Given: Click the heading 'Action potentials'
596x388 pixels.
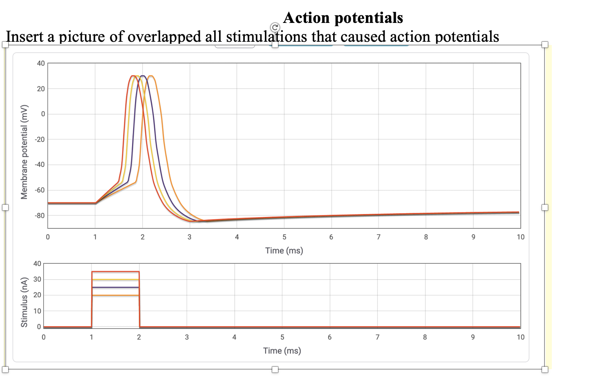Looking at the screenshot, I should [x=343, y=18].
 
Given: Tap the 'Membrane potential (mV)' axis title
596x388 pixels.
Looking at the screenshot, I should [x=25, y=152].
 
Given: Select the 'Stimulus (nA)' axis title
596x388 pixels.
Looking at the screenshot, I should [x=25, y=302].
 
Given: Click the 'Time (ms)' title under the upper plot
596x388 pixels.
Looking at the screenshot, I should [x=284, y=250].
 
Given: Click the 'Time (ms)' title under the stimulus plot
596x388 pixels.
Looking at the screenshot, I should [x=282, y=351].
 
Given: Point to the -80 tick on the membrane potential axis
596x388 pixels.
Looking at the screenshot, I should [x=40, y=215].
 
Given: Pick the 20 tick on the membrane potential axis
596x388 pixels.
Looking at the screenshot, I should [x=40, y=89].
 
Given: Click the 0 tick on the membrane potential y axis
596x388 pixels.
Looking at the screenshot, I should [x=43, y=114].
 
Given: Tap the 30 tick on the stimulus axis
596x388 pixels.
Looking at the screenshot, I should [x=37, y=280].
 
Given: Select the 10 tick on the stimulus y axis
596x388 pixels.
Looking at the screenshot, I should [x=37, y=311].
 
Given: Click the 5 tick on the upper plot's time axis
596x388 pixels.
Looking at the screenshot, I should [x=284, y=237].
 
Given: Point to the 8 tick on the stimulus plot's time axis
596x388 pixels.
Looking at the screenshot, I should [x=425, y=337].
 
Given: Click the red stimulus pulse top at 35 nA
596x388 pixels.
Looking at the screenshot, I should [x=115, y=272].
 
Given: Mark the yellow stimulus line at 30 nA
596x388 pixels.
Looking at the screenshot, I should [x=115, y=280].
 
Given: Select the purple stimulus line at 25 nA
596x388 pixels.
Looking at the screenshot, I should [x=115, y=287].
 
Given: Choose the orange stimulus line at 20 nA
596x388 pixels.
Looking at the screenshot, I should [x=115, y=295].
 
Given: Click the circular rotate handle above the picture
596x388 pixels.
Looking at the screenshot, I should [x=275, y=27].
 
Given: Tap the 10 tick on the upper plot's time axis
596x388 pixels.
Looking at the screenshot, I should [x=520, y=237].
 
